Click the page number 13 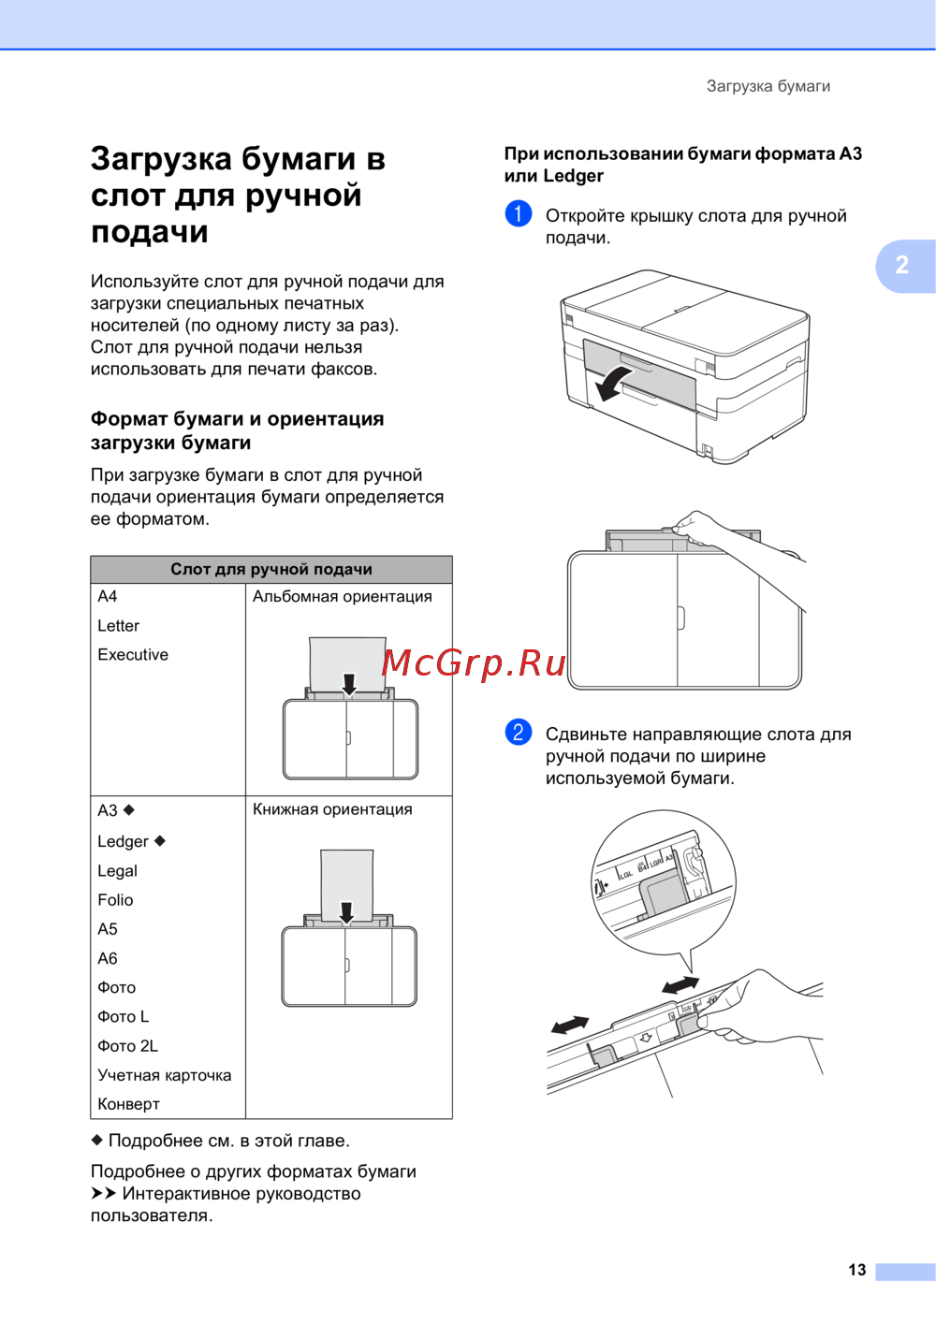tap(856, 1270)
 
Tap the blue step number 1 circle tap(518, 214)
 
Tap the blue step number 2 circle tap(518, 732)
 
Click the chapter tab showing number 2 tap(902, 265)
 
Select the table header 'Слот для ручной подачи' tap(271, 569)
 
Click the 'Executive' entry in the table tap(133, 655)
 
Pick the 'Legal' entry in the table tap(117, 871)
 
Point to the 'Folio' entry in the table tap(115, 900)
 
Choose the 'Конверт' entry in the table tap(128, 1104)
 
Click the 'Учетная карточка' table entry tap(164, 1075)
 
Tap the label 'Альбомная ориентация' tap(342, 597)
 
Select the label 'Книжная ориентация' tap(332, 809)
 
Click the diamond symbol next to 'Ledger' tap(160, 840)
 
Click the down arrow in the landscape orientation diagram tap(349, 684)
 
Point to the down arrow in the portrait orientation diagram tap(346, 912)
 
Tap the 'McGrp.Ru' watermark tap(474, 662)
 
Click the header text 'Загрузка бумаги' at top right tap(768, 86)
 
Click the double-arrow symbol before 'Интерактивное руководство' tap(103, 1194)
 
